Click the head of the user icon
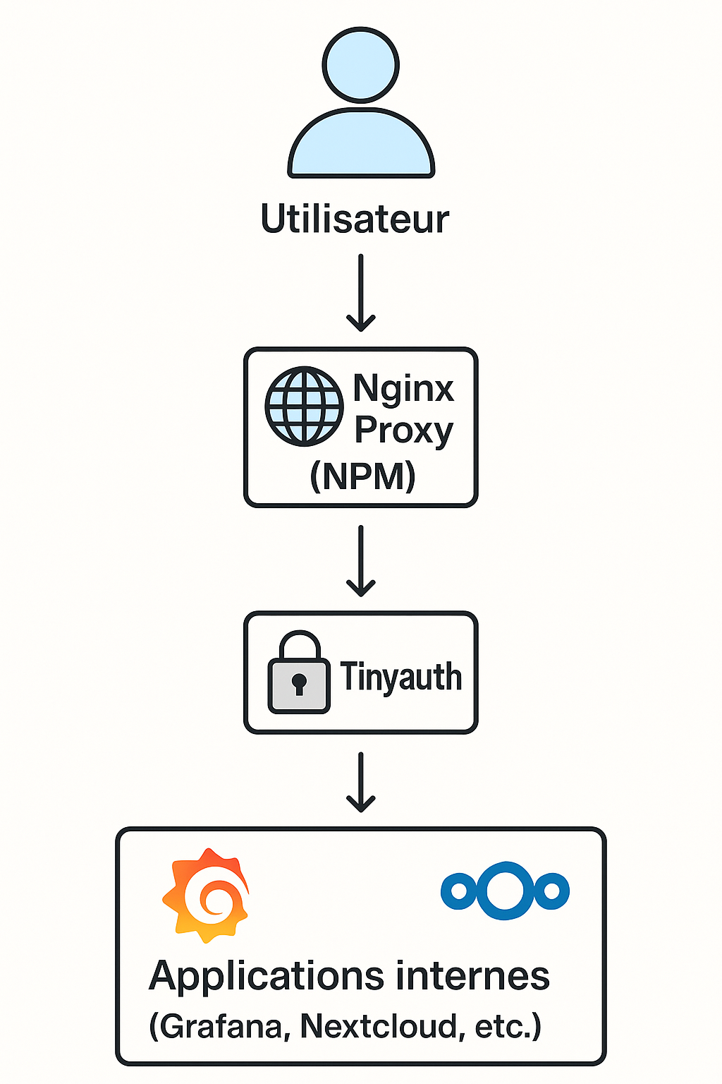pos(360,66)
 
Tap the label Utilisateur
pos(355,219)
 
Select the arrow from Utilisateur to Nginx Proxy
pos(360,293)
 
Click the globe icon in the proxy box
pos(304,406)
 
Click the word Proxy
pos(403,430)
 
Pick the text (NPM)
pos(362,476)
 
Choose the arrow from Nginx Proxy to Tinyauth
pos(360,561)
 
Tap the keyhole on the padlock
pos(299,684)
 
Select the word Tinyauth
pos(400,677)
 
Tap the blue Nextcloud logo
pos(505,891)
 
